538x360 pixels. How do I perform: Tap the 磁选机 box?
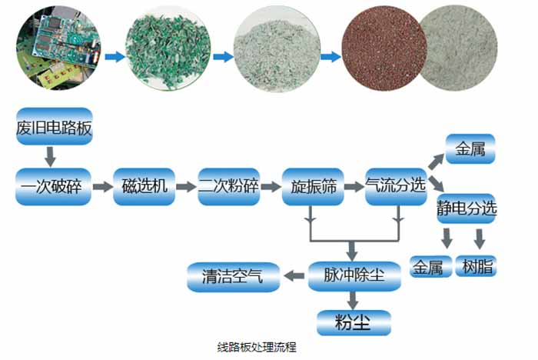coord(143,185)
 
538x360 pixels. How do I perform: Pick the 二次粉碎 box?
coord(228,185)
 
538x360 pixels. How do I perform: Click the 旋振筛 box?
coord(311,185)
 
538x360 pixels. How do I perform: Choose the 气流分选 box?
coord(395,185)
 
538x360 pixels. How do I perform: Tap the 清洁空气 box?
coord(232,275)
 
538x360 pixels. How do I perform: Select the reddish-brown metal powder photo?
coord(380,45)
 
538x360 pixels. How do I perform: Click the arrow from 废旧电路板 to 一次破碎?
coord(51,156)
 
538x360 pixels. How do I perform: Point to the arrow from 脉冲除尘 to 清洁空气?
coord(294,275)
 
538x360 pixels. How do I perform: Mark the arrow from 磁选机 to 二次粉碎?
coord(185,186)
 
